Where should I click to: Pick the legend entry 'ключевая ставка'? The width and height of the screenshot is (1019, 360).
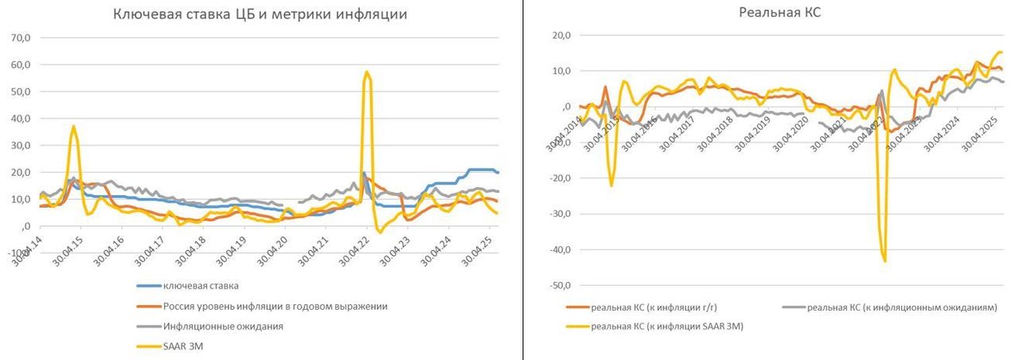(200, 285)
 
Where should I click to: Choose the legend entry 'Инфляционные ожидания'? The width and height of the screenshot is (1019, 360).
(223, 326)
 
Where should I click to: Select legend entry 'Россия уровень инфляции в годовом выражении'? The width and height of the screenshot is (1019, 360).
(275, 306)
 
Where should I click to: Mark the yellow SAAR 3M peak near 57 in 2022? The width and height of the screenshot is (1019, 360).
(366, 72)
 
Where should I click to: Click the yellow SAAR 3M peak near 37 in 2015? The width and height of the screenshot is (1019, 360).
(73, 126)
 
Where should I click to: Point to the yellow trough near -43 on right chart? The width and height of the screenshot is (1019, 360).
(884, 260)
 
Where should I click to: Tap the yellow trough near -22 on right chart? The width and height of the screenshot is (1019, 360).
(611, 186)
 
